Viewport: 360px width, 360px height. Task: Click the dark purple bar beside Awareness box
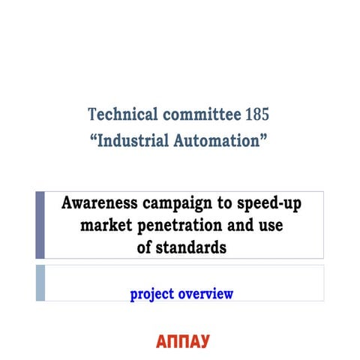pos(40,225)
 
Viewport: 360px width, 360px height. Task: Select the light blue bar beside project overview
pos(40,283)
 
